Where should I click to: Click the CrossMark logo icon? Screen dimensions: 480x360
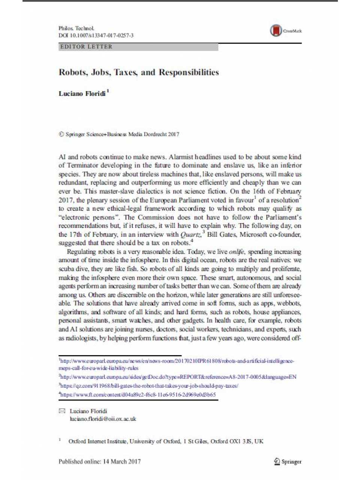tap(276, 31)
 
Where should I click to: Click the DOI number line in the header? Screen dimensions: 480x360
tap(96, 36)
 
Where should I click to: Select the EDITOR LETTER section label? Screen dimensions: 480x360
tap(86, 47)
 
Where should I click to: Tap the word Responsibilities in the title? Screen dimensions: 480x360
tap(189, 72)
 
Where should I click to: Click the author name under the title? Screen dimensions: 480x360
tap(82, 94)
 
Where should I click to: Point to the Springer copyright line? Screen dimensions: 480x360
tap(119, 134)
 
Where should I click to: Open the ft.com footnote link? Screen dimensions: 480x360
tap(138, 394)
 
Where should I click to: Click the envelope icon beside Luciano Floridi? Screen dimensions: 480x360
tap(62, 411)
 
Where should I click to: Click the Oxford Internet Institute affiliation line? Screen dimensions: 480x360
tap(165, 441)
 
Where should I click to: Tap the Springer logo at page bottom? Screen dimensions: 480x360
tap(288, 462)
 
